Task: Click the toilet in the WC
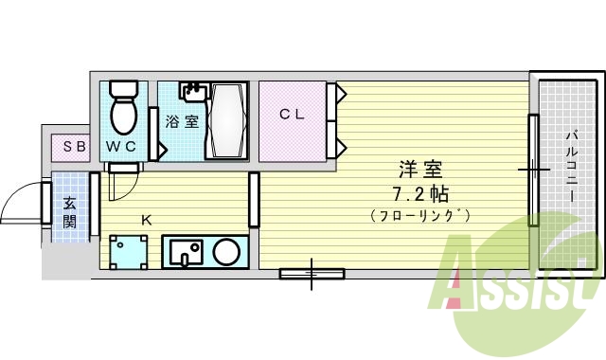[123, 108]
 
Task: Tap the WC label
[120, 147]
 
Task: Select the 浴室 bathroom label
[182, 121]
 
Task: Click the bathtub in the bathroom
[227, 121]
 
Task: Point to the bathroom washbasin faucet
[193, 92]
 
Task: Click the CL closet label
[291, 115]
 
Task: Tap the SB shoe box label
[74, 146]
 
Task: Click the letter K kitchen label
[146, 220]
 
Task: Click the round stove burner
[225, 253]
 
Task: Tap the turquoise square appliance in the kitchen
[128, 253]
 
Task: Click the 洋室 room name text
[420, 171]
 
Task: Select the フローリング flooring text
[420, 216]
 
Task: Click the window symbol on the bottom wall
[312, 275]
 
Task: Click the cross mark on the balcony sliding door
[534, 171]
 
